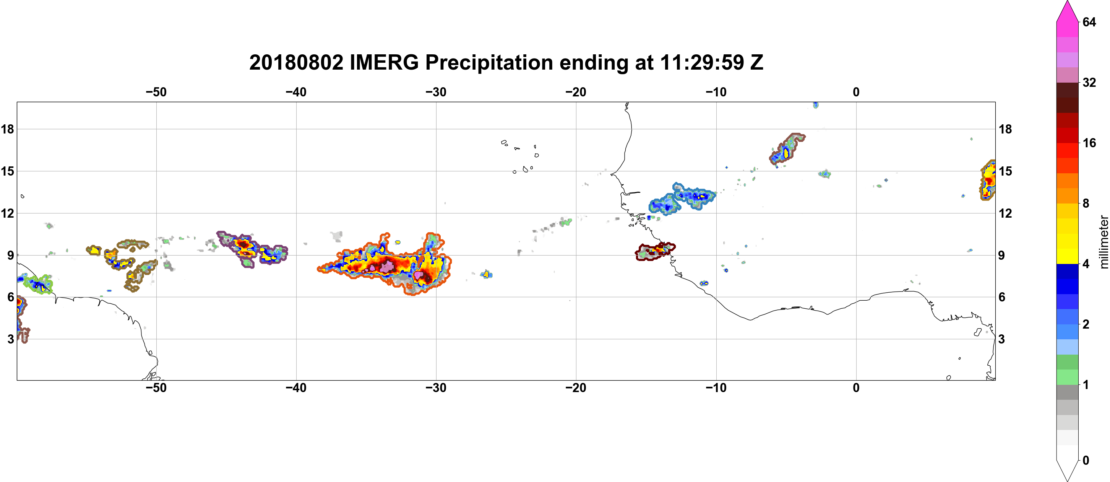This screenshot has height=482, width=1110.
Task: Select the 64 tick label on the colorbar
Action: point(1089,22)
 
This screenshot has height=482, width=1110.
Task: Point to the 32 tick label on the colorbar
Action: point(1089,82)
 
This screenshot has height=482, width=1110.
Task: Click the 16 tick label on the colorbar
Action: point(1089,143)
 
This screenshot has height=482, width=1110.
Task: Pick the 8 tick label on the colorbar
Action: point(1086,204)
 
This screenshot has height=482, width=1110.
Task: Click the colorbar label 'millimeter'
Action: point(1104,242)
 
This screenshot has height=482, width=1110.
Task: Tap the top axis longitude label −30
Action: point(436,92)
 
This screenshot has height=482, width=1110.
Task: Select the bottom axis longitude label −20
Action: point(576,388)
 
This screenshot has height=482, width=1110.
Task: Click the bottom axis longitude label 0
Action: point(856,388)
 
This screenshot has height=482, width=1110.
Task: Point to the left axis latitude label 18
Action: point(7,129)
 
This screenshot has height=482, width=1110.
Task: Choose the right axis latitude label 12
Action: point(1005,213)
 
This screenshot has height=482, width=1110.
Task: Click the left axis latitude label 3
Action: point(11,339)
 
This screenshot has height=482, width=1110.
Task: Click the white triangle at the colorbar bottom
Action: point(1067,471)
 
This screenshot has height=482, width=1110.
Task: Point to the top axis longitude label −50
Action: point(156,92)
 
